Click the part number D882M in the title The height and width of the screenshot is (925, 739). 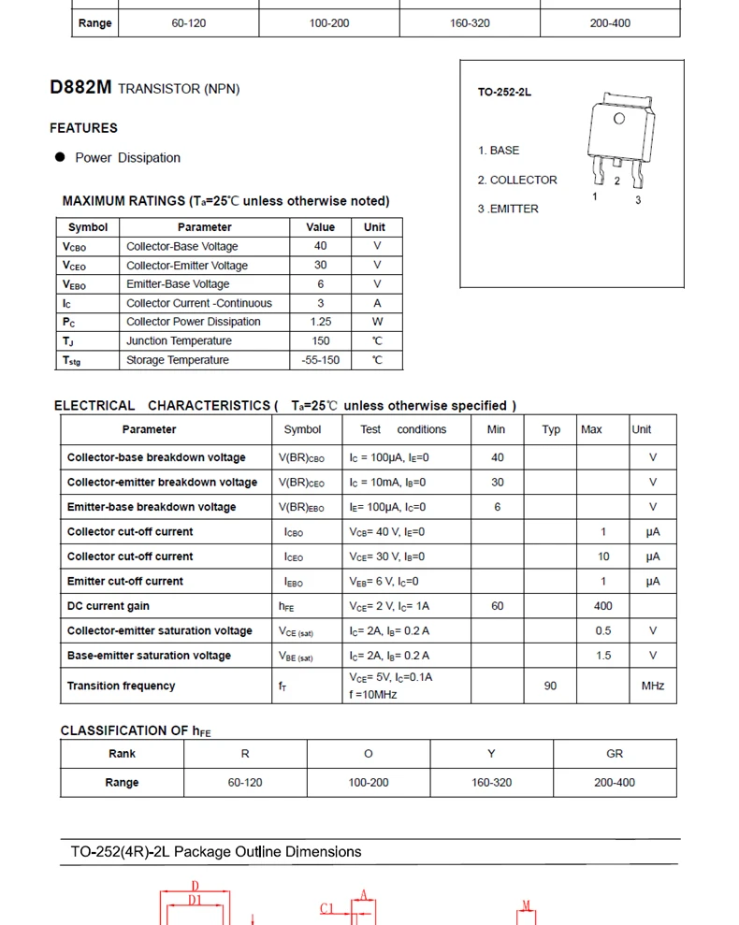pyautogui.click(x=80, y=88)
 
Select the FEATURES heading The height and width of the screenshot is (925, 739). pyautogui.click(x=83, y=128)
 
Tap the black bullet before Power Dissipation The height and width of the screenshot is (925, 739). pyautogui.click(x=60, y=157)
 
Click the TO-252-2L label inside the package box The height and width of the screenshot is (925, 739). pyautogui.click(x=504, y=93)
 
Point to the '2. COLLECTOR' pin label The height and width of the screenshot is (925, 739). pyautogui.click(x=517, y=180)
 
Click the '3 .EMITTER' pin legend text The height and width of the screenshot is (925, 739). pyautogui.click(x=508, y=209)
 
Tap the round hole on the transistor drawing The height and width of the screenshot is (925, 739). pyautogui.click(x=619, y=119)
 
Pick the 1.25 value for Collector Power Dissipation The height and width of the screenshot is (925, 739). pyautogui.click(x=320, y=322)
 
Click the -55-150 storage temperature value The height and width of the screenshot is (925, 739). pyautogui.click(x=320, y=360)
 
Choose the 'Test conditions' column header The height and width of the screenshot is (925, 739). pyautogui.click(x=403, y=429)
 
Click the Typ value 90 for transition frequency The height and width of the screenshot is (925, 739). pyautogui.click(x=550, y=686)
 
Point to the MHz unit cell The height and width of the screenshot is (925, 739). pyautogui.click(x=653, y=686)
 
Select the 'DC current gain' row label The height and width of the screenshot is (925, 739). pyautogui.click(x=108, y=606)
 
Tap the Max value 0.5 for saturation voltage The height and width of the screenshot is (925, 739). pyautogui.click(x=603, y=631)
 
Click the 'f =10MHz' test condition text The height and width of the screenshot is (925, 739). pyautogui.click(x=373, y=695)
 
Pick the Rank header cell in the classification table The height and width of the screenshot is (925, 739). pyautogui.click(x=122, y=754)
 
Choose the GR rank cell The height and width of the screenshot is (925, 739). pyautogui.click(x=615, y=754)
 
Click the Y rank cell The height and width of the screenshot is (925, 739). pyautogui.click(x=491, y=754)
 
